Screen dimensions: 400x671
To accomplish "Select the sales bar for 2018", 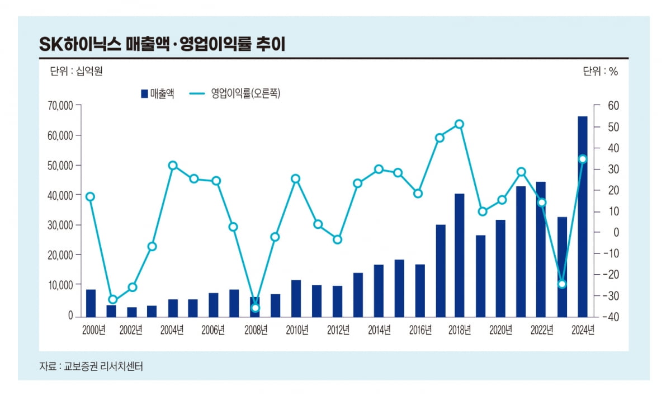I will (459, 255).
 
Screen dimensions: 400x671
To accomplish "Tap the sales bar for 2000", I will (91, 303).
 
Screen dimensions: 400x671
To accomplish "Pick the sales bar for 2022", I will (541, 249).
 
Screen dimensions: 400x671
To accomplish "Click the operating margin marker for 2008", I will (255, 308).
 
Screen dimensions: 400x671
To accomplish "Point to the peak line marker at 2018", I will (459, 124).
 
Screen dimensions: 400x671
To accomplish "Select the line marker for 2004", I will (173, 166).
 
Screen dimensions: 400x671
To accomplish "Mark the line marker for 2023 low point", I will (562, 284).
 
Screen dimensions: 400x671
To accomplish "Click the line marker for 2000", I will (90, 196).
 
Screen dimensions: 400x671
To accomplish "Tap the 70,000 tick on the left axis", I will (59, 106).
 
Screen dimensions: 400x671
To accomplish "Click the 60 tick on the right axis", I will (612, 106).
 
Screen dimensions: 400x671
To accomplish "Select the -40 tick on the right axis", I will (611, 317).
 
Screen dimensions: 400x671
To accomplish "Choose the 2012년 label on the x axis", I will (338, 330).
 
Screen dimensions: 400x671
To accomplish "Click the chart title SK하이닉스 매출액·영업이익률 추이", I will (162, 45).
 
